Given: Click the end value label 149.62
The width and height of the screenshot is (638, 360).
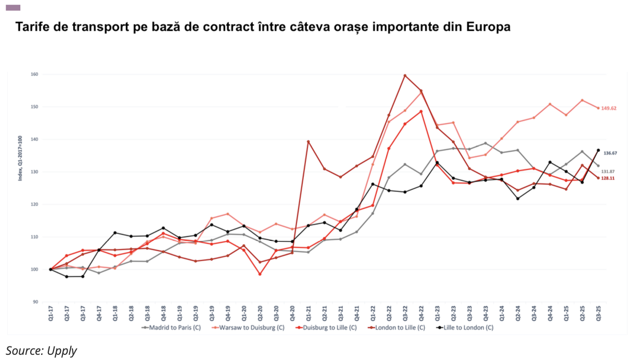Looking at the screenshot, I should tap(610, 109).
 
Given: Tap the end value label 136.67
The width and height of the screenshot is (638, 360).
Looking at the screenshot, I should tap(610, 153).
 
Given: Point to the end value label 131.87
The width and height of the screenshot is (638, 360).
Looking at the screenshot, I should tap(610, 171).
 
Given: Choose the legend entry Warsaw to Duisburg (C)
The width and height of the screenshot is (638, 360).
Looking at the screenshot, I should tap(249, 328).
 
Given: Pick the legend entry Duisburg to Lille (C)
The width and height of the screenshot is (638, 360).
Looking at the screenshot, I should tap(326, 328).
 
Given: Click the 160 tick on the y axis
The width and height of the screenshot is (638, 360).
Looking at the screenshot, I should tap(34, 74).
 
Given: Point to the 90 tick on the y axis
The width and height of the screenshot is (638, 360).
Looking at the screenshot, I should tap(35, 302).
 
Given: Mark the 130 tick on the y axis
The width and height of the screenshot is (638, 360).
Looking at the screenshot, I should tap(34, 172).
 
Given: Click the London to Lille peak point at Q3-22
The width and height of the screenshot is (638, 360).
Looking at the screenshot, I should tap(405, 75).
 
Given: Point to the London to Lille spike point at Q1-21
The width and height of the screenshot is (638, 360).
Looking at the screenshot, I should tap(308, 142).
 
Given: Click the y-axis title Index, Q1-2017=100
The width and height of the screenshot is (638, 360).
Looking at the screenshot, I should tap(20, 156).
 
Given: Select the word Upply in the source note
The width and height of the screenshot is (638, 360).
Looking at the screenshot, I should tap(62, 351).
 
